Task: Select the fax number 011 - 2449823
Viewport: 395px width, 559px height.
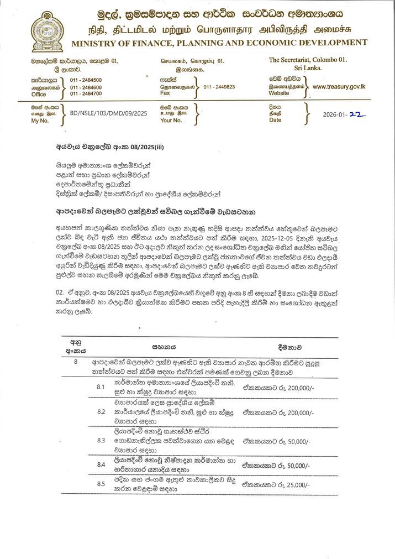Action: [x=219, y=87]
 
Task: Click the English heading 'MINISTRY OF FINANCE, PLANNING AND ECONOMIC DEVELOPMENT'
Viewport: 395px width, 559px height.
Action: [x=219, y=43]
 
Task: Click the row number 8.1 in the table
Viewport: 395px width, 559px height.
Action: [x=101, y=386]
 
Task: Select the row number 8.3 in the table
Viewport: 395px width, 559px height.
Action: [x=101, y=440]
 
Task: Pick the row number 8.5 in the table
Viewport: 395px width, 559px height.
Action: [x=101, y=484]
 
